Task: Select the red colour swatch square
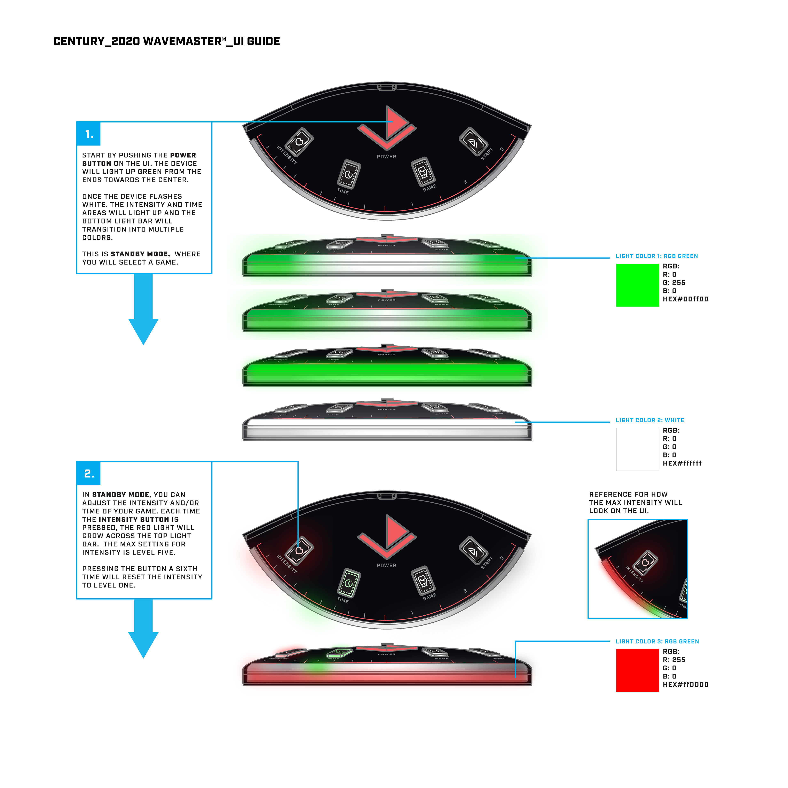[637, 670]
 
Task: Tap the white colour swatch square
[637, 449]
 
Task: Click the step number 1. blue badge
[88, 134]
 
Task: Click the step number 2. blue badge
[88, 473]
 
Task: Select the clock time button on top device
[349, 174]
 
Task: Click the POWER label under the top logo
[386, 157]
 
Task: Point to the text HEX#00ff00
[685, 299]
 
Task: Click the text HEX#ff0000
[685, 684]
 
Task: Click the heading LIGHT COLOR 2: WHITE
[650, 420]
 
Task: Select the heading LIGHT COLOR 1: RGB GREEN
[657, 256]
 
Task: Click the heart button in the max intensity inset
[645, 563]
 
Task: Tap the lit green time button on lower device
[349, 583]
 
